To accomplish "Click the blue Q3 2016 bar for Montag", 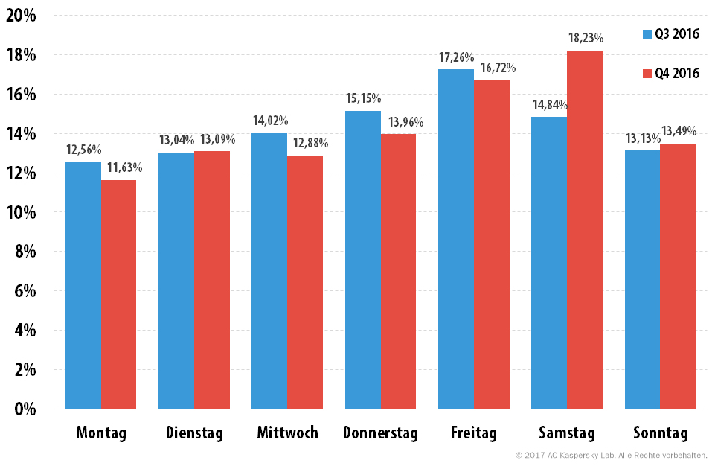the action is [83, 285].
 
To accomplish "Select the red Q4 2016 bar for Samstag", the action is [585, 229].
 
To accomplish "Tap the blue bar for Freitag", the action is [456, 239].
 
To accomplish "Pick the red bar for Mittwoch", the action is [305, 282].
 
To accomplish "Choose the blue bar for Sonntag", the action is [643, 280].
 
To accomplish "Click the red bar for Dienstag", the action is [212, 280].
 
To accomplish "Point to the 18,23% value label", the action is [586, 38].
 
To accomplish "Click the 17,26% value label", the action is [456, 57].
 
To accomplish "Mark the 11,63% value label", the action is [124, 168].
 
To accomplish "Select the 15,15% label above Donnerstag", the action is [363, 98].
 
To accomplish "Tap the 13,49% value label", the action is [679, 132].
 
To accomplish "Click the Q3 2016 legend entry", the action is [671, 34].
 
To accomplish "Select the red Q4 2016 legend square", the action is [647, 74].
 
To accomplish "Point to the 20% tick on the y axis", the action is [21, 16].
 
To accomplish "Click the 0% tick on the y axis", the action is [25, 409].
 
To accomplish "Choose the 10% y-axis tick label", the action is [21, 212].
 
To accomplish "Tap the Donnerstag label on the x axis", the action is [380, 433].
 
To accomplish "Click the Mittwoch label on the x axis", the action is [287, 433].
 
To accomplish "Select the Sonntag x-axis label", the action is [660, 433].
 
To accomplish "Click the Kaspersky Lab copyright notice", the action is [611, 455].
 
